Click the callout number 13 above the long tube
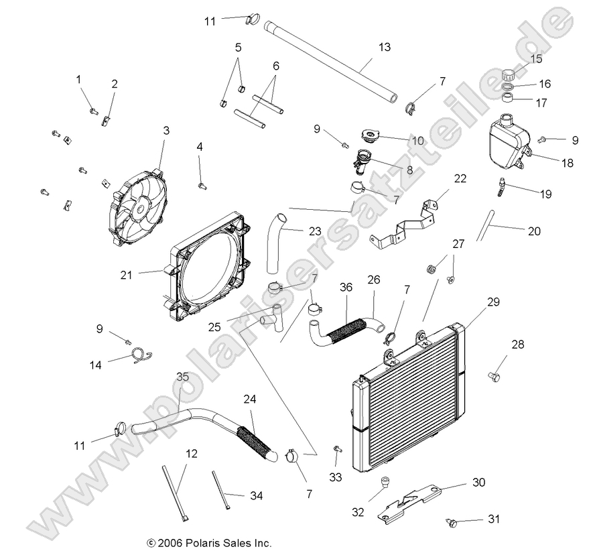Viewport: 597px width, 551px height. point(384,48)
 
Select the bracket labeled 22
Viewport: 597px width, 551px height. point(406,224)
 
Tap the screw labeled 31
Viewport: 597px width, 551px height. point(453,520)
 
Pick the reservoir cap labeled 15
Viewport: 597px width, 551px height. point(513,73)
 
